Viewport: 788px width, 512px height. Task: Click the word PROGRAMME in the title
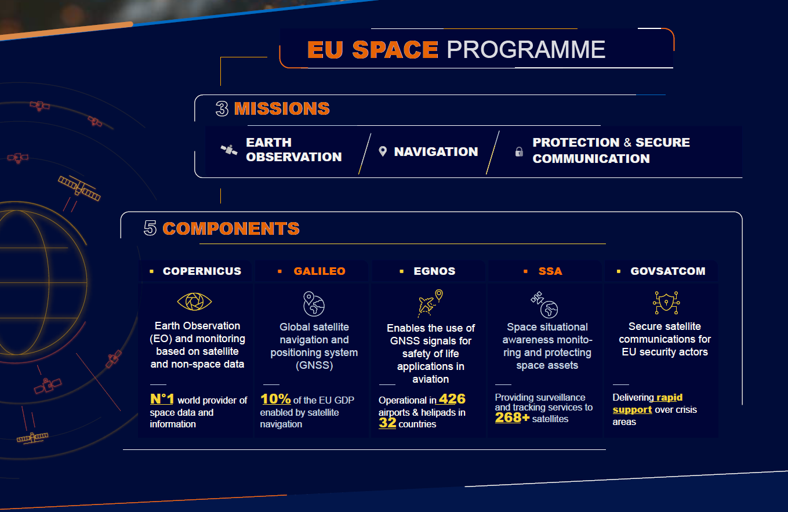[526, 49]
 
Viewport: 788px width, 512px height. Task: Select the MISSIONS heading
[282, 108]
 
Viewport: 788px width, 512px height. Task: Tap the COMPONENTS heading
[231, 228]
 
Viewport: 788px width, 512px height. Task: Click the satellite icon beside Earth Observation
[229, 150]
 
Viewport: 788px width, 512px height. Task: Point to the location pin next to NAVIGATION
[383, 151]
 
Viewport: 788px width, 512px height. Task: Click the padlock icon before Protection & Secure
[519, 152]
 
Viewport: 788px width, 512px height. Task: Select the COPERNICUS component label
[202, 271]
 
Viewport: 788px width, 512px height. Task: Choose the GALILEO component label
[319, 271]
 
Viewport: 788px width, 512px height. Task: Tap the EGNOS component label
[434, 271]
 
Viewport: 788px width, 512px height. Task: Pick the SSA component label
[550, 271]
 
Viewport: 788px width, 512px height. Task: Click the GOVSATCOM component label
[668, 271]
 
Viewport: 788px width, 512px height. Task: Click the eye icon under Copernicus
[194, 302]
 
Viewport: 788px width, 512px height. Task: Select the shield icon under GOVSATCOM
[666, 303]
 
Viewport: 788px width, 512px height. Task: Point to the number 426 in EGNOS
[452, 399]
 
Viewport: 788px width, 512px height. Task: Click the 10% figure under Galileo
[275, 399]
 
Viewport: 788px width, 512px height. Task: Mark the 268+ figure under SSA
[512, 417]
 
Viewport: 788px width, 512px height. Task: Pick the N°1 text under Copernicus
[162, 399]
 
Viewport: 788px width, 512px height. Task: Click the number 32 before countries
[387, 422]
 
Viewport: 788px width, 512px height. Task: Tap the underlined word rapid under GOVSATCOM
[669, 397]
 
